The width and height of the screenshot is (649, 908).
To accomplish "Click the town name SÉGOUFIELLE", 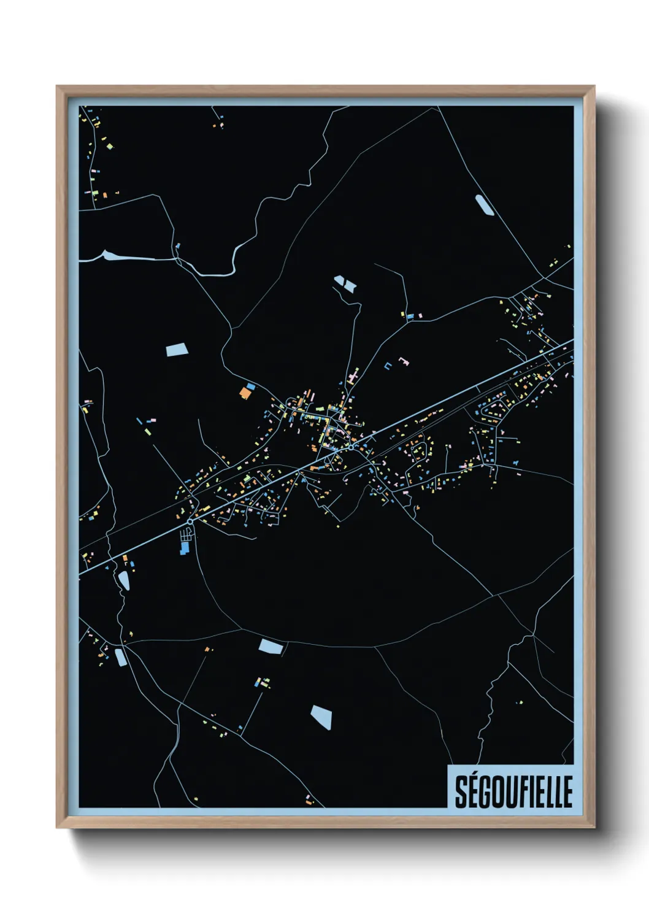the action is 513,791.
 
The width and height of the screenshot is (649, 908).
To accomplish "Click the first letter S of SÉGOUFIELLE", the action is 461,792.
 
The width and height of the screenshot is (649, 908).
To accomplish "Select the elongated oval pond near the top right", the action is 485,205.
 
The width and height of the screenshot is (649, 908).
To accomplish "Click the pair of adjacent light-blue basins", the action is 345,284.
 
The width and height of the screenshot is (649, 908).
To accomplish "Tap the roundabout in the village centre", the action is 350,448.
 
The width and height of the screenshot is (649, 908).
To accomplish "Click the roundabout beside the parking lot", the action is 191,521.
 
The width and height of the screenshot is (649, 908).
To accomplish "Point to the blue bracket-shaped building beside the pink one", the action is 388,366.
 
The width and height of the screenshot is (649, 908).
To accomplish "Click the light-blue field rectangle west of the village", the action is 177,350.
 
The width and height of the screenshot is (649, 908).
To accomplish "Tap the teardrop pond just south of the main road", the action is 125,580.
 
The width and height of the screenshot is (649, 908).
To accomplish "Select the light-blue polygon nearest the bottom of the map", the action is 321,717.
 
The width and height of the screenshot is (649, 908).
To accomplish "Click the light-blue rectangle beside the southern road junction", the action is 271,646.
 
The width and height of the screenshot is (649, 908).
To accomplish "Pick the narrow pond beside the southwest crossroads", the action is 120,656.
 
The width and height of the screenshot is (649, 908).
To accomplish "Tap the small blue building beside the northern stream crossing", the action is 178,247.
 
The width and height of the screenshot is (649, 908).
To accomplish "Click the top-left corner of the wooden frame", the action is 57,87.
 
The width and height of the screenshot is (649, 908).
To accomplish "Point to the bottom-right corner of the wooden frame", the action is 594,828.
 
